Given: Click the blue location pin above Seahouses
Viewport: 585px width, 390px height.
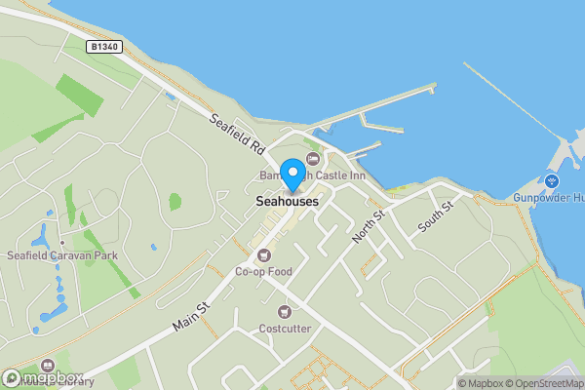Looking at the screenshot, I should click(x=292, y=175).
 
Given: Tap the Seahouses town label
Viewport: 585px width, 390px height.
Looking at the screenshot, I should click(x=287, y=201).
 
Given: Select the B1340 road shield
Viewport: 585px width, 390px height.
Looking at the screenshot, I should click(x=102, y=47).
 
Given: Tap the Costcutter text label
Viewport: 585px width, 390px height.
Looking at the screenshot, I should click(x=285, y=329).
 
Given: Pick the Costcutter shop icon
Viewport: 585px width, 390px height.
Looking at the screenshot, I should click(x=285, y=312).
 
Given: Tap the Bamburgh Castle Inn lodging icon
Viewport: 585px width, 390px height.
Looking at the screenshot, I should click(x=312, y=159).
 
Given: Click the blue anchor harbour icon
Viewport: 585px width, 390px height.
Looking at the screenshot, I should click(x=552, y=181).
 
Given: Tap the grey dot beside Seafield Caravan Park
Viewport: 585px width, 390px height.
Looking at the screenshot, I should click(x=61, y=243).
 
